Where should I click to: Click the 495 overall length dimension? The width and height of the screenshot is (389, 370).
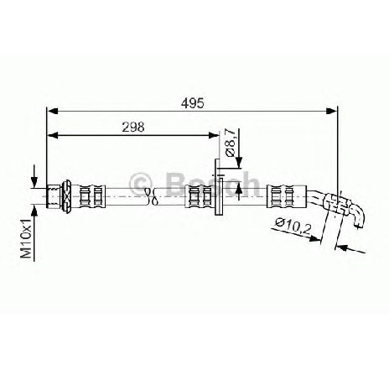tap(193, 103)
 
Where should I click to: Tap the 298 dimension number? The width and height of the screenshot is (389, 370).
tap(133, 128)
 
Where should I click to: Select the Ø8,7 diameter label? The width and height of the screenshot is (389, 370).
tap(231, 143)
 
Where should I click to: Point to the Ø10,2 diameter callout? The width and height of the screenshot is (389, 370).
tap(293, 226)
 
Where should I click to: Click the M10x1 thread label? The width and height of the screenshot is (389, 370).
tap(27, 238)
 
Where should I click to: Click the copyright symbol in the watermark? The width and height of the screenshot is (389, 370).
tap(141, 184)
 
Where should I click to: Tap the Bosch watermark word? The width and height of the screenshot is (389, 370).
tap(213, 184)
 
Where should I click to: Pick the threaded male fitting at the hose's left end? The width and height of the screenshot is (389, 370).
tap(54, 195)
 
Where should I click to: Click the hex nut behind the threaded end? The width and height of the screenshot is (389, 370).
tap(67, 195)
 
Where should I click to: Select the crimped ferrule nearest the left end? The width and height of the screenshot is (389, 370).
tap(92, 195)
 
